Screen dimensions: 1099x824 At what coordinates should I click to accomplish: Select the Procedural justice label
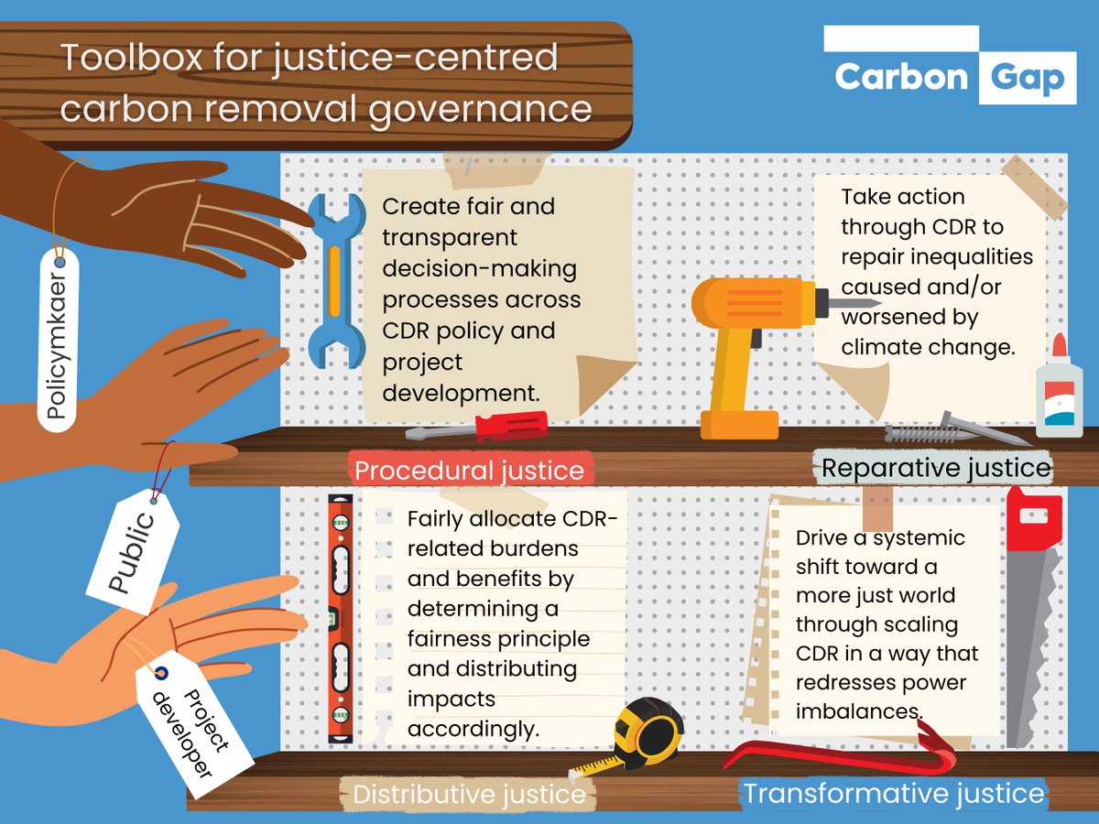[x=469, y=471]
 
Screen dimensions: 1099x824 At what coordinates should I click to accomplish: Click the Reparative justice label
[x=935, y=468]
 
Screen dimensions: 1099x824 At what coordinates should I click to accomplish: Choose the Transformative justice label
[x=893, y=793]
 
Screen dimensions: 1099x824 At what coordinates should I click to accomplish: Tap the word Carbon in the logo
[x=901, y=77]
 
